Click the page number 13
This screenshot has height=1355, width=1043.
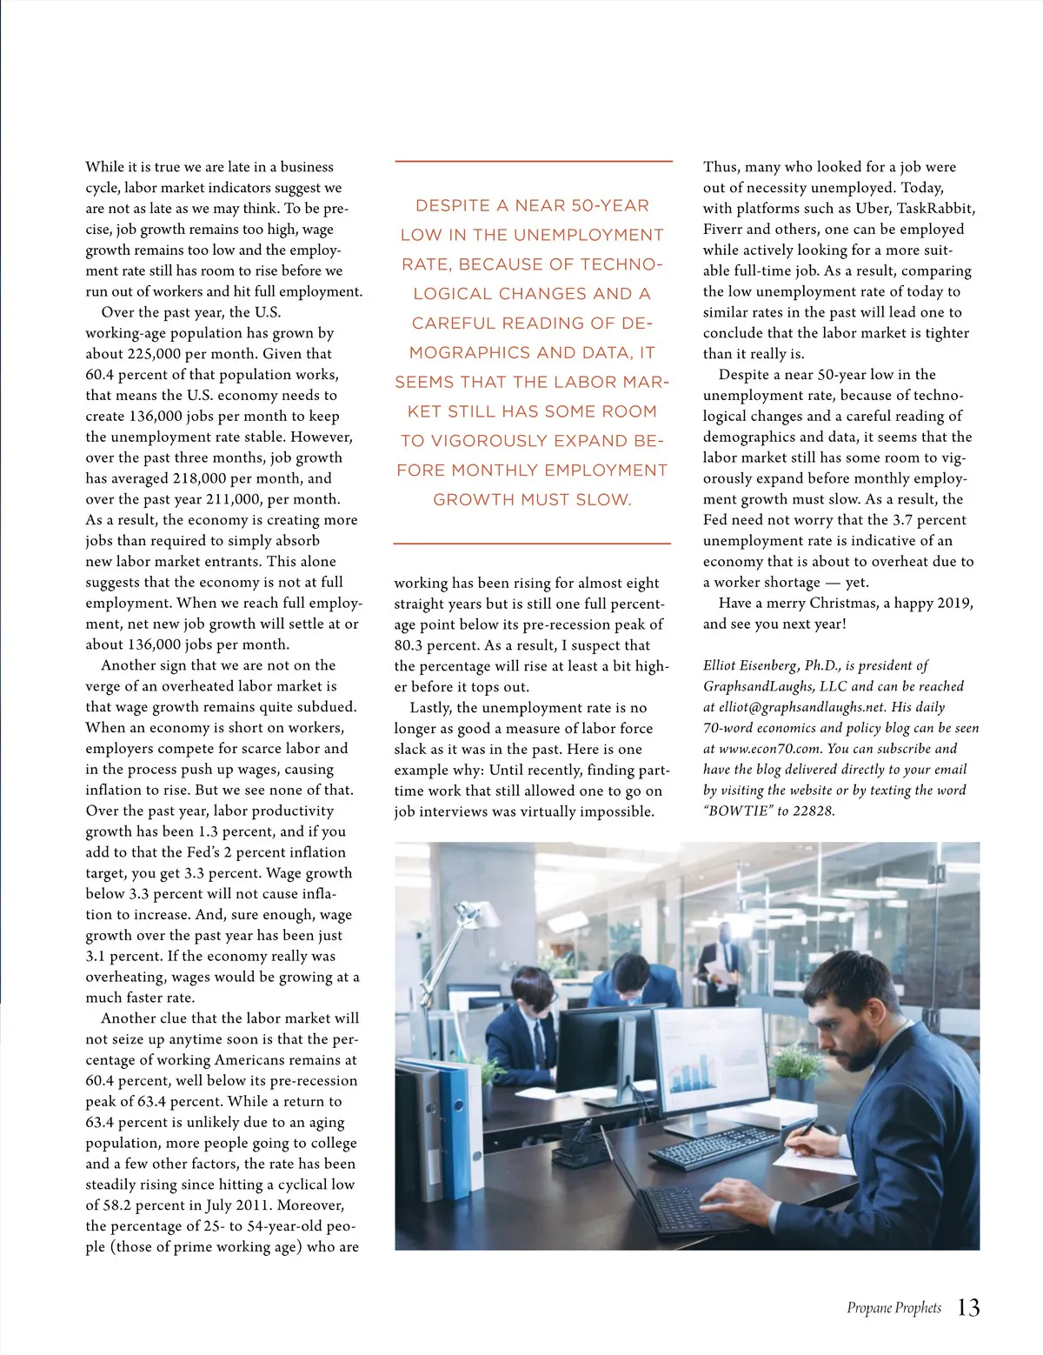click(968, 1307)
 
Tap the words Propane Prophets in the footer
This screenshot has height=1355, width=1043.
click(894, 1308)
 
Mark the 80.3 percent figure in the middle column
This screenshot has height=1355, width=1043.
click(411, 645)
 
